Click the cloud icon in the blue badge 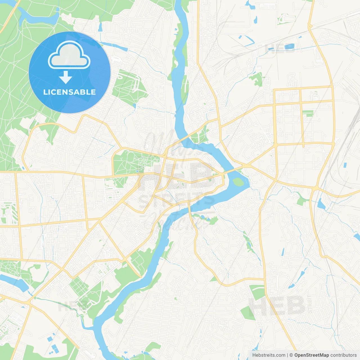(x=69, y=55)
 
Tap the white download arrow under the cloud (x=66, y=77)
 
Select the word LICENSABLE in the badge (x=69, y=92)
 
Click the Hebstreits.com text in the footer (x=269, y=355)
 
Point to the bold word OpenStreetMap (x=311, y=355)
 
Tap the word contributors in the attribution (x=343, y=355)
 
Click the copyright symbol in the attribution (x=291, y=355)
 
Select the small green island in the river (x=238, y=182)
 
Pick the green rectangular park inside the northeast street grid (x=308, y=113)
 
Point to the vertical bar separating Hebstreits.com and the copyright (x=287, y=355)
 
